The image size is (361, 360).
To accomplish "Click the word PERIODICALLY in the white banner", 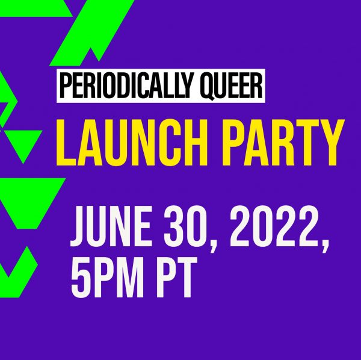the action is coord(126,86).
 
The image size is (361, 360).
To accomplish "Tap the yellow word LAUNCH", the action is coord(132,142).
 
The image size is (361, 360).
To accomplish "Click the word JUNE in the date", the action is coord(111,226).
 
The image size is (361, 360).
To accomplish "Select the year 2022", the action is coord(274,226).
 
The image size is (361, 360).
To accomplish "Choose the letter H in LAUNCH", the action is coord(196,142).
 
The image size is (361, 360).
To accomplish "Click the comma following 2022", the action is coord(325,246).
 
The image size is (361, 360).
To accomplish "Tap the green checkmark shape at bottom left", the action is coord(19,272).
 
